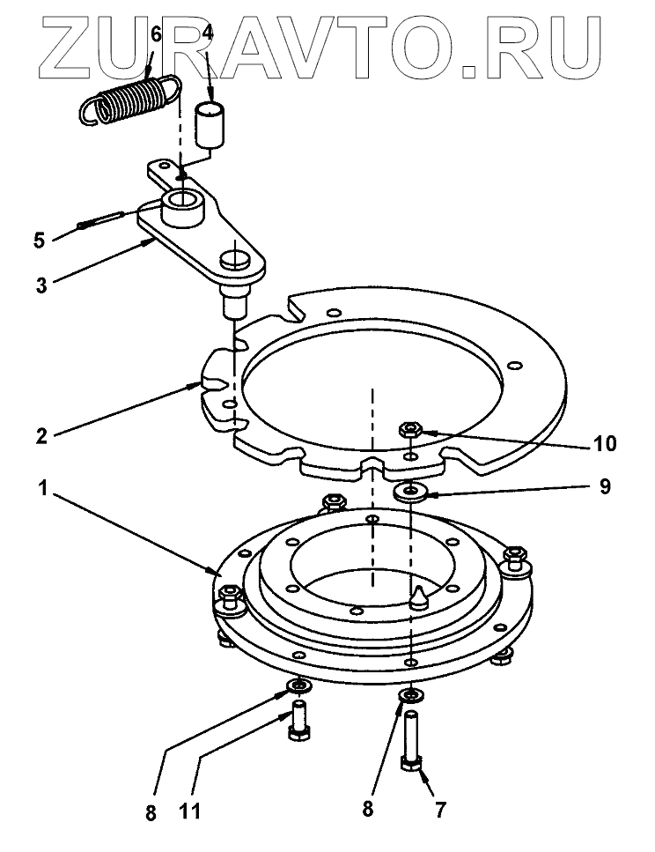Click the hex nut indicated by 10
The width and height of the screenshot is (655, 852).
pyautogui.click(x=409, y=431)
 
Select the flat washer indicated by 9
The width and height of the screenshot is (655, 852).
pyautogui.click(x=410, y=491)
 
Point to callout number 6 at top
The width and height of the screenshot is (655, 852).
pyautogui.click(x=156, y=34)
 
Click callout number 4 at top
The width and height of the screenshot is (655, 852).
pyautogui.click(x=208, y=34)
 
